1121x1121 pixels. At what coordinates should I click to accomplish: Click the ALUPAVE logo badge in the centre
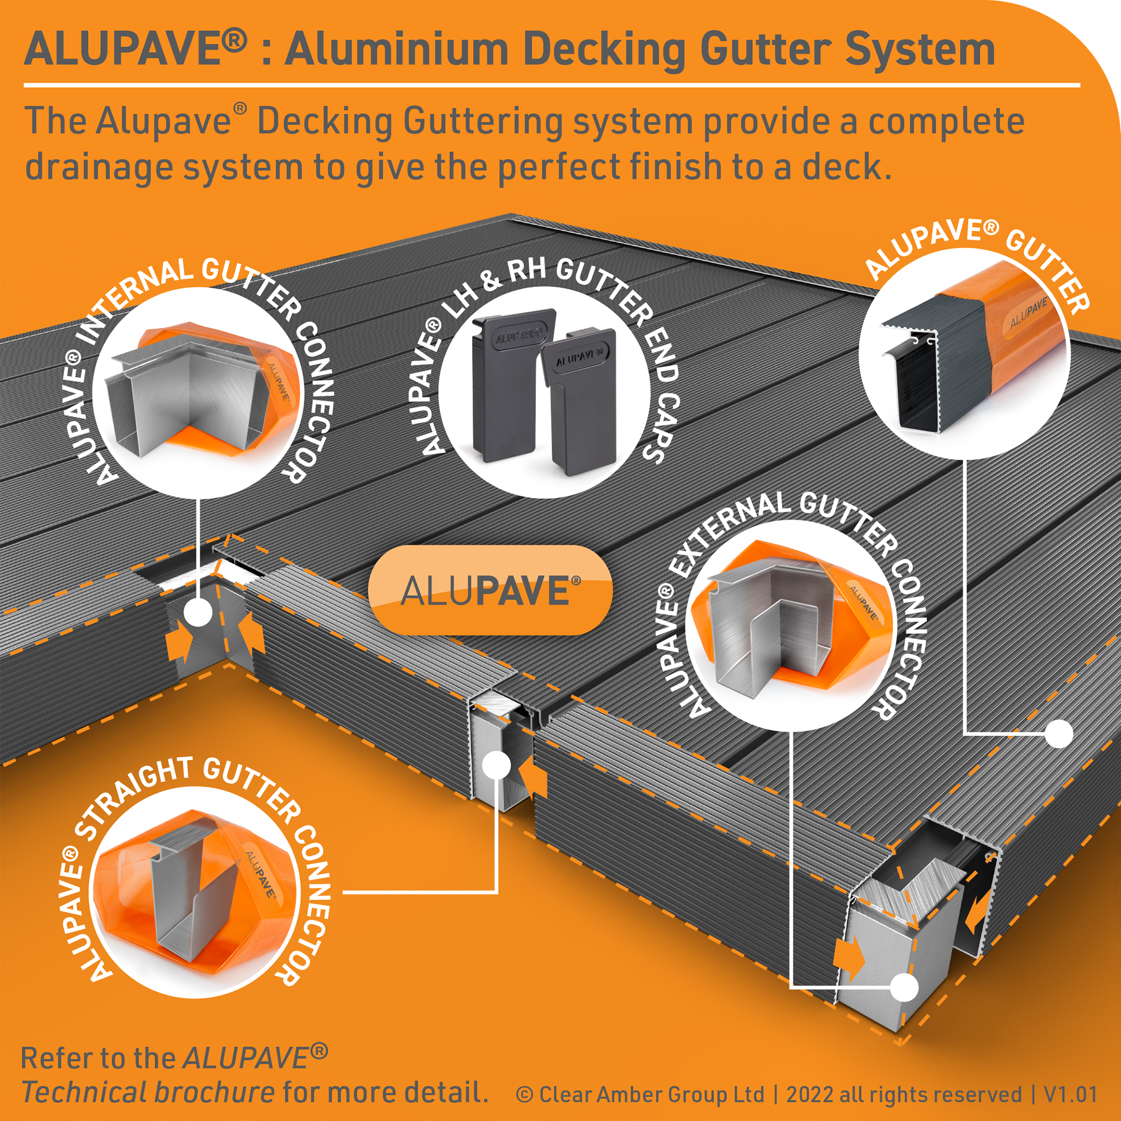coord(490,590)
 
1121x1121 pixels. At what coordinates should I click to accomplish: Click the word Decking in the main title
coord(604,51)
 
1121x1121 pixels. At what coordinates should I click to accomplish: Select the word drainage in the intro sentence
coord(99,168)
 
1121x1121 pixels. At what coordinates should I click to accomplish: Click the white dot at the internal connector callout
coord(198,613)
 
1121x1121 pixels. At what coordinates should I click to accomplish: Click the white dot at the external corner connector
coord(904,987)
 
